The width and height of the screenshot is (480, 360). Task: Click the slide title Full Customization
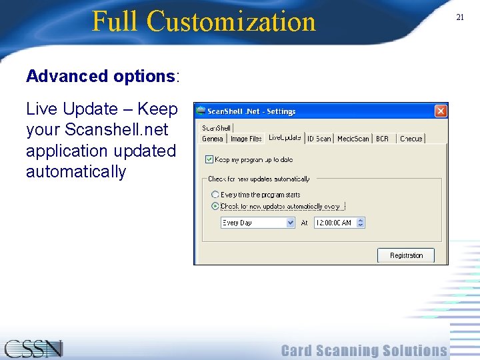tap(203, 21)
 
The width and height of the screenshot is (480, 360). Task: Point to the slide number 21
tap(459, 17)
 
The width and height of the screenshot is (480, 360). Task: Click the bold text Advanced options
tap(100, 76)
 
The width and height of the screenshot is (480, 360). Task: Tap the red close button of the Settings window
tap(441, 111)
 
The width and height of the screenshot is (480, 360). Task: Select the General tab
tap(213, 139)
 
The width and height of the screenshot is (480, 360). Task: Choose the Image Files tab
tap(246, 139)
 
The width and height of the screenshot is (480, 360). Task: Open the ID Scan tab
tap(319, 139)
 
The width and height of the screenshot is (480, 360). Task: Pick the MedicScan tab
tap(353, 139)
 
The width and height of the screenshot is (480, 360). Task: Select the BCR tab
tap(382, 139)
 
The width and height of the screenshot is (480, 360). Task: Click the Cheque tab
tap(411, 139)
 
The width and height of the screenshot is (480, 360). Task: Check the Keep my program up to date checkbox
tap(209, 160)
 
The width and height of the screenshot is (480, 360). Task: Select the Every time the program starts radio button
tap(215, 195)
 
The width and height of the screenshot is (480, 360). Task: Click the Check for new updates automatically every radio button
tap(215, 206)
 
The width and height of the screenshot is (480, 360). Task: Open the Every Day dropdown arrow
tap(290, 223)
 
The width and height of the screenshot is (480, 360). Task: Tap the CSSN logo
tap(33, 349)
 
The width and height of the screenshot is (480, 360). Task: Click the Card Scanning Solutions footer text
tap(364, 351)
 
